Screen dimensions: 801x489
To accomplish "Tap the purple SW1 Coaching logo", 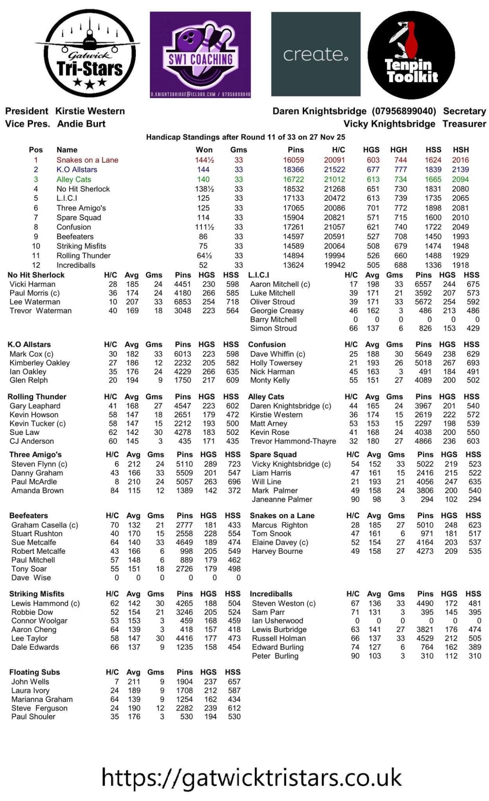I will [x=200, y=55].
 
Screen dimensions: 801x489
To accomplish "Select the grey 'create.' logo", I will [x=316, y=54].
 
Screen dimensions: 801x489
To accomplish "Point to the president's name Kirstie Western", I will [x=90, y=111].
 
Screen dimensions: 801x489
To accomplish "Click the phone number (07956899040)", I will [x=404, y=111].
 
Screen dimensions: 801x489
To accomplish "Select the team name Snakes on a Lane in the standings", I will [x=87, y=160].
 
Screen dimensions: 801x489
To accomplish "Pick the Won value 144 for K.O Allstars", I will [x=203, y=169].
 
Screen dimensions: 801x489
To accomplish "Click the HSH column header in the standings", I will [x=461, y=150].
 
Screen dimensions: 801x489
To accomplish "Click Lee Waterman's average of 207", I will [x=132, y=302].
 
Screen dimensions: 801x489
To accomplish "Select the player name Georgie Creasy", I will [x=277, y=311].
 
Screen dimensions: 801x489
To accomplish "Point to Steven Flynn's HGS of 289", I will [x=208, y=464].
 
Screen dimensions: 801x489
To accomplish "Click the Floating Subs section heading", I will [x=34, y=672].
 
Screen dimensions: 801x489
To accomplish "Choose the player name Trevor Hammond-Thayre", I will [x=293, y=441].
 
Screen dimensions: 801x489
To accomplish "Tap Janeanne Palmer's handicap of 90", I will [x=355, y=499].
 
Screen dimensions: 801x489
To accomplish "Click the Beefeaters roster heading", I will [x=28, y=516].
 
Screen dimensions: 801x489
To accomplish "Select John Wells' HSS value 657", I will [x=234, y=682].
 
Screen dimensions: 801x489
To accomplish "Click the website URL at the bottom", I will [x=251, y=777].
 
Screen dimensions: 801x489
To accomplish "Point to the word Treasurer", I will [x=464, y=124].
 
